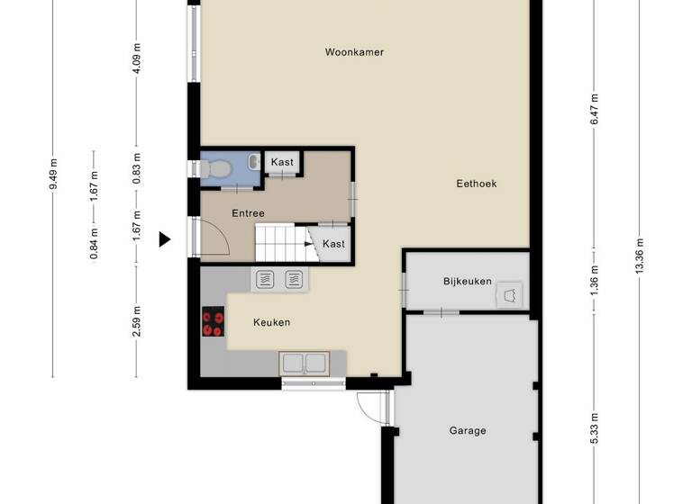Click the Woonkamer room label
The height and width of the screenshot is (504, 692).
coord(354,52)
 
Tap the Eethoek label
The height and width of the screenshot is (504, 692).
coord(476,184)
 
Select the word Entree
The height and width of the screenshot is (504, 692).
coord(248,213)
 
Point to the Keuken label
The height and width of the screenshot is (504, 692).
coord(271,323)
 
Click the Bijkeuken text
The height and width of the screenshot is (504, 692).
coord(467,282)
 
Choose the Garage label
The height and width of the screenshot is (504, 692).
coord(468,430)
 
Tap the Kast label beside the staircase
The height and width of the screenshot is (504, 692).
coord(332,244)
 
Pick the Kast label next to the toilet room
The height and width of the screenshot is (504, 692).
coord(282,162)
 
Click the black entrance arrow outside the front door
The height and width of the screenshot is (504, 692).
coord(165,239)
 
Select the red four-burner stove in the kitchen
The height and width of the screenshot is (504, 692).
coord(214,322)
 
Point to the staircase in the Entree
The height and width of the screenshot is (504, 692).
coord(281,242)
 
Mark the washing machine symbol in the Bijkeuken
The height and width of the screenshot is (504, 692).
coord(511,294)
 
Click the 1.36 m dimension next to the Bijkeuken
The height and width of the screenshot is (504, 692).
coord(594,282)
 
